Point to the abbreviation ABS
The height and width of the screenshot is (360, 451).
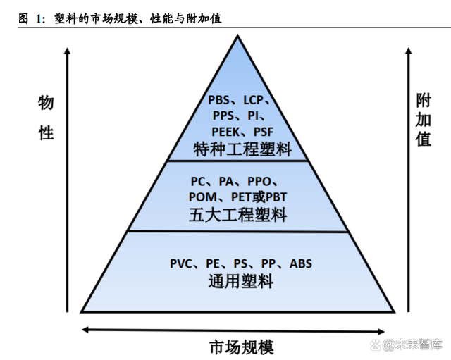click(300, 264)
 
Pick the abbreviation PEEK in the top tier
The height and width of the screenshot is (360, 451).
click(226, 132)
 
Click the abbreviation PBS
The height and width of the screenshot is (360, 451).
click(221, 100)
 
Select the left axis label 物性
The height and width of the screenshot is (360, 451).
click(47, 118)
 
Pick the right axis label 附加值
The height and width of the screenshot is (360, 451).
click(423, 118)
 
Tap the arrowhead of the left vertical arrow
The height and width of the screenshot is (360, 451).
click(67, 51)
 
